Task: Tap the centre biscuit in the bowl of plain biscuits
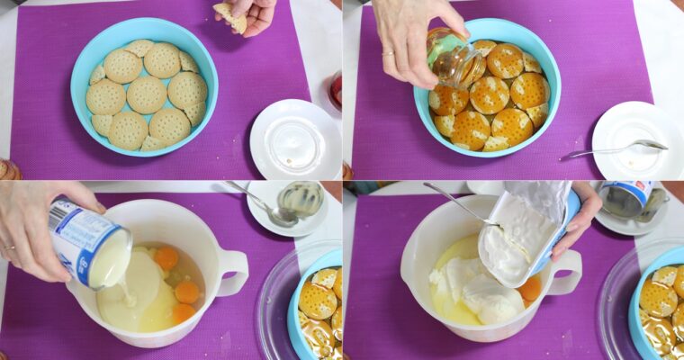pos(146,94)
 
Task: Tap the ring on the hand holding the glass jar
pos(389,53)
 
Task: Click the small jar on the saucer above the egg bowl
pos(301,198)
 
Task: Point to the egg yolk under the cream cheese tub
pos(531,289)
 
